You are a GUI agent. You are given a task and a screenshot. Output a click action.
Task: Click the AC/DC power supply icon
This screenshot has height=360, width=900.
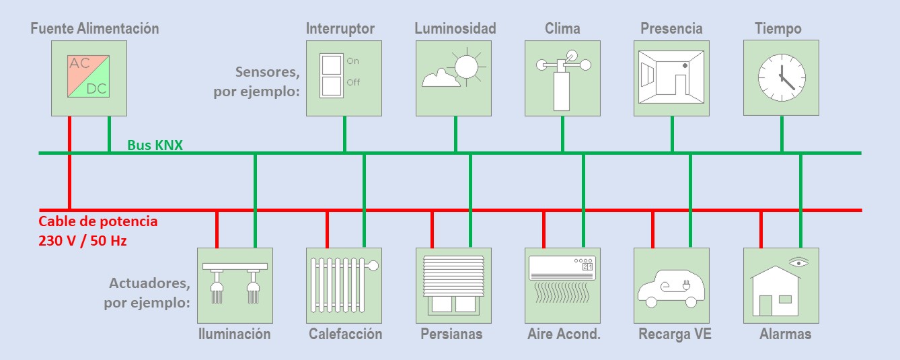tap(89, 77)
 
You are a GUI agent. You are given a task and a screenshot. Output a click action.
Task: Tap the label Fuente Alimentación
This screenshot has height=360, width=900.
tap(95, 28)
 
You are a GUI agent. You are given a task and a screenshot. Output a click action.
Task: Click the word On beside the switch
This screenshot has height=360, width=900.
tap(352, 61)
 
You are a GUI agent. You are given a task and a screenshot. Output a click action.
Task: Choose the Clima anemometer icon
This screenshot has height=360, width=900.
tap(562, 77)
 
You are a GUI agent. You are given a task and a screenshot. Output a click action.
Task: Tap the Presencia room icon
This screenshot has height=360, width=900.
tap(671, 77)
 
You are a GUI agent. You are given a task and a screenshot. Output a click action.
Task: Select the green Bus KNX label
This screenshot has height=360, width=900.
tap(155, 145)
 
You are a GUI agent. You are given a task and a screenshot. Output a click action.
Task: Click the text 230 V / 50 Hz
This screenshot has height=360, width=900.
tap(83, 239)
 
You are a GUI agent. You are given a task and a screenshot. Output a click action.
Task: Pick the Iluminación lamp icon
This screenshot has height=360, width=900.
tap(235, 285)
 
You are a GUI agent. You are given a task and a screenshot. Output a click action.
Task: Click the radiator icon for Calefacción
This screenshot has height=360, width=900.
tap(343, 285)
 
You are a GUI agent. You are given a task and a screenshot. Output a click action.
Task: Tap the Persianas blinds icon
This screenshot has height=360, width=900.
tap(453, 285)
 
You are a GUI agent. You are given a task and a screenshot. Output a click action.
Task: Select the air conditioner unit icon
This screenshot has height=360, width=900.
tap(562, 268)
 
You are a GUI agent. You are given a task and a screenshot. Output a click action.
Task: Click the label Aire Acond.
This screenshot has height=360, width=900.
tap(564, 334)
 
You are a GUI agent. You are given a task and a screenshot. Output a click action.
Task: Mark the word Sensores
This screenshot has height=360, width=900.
tap(267, 72)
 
